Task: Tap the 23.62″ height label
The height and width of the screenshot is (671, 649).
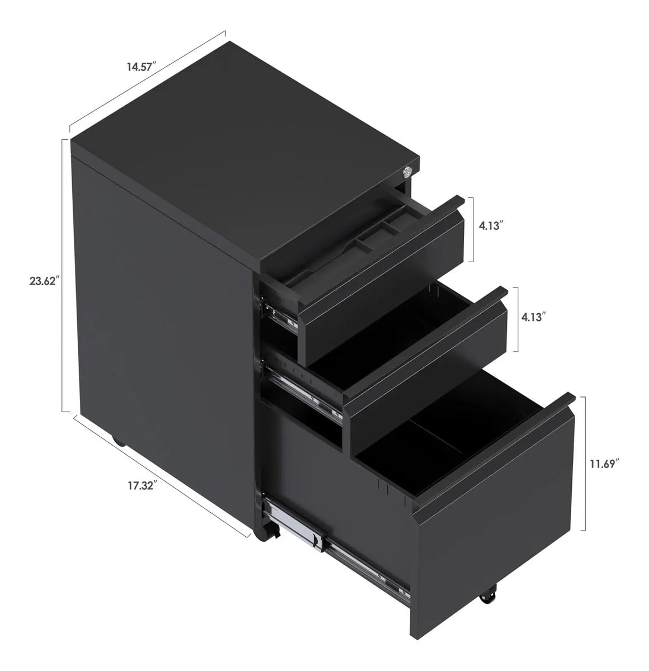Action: click(43, 281)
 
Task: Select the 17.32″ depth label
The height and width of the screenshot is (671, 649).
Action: click(143, 486)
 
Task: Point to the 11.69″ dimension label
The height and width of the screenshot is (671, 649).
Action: click(602, 464)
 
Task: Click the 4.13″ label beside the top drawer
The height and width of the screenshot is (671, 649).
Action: click(491, 226)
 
